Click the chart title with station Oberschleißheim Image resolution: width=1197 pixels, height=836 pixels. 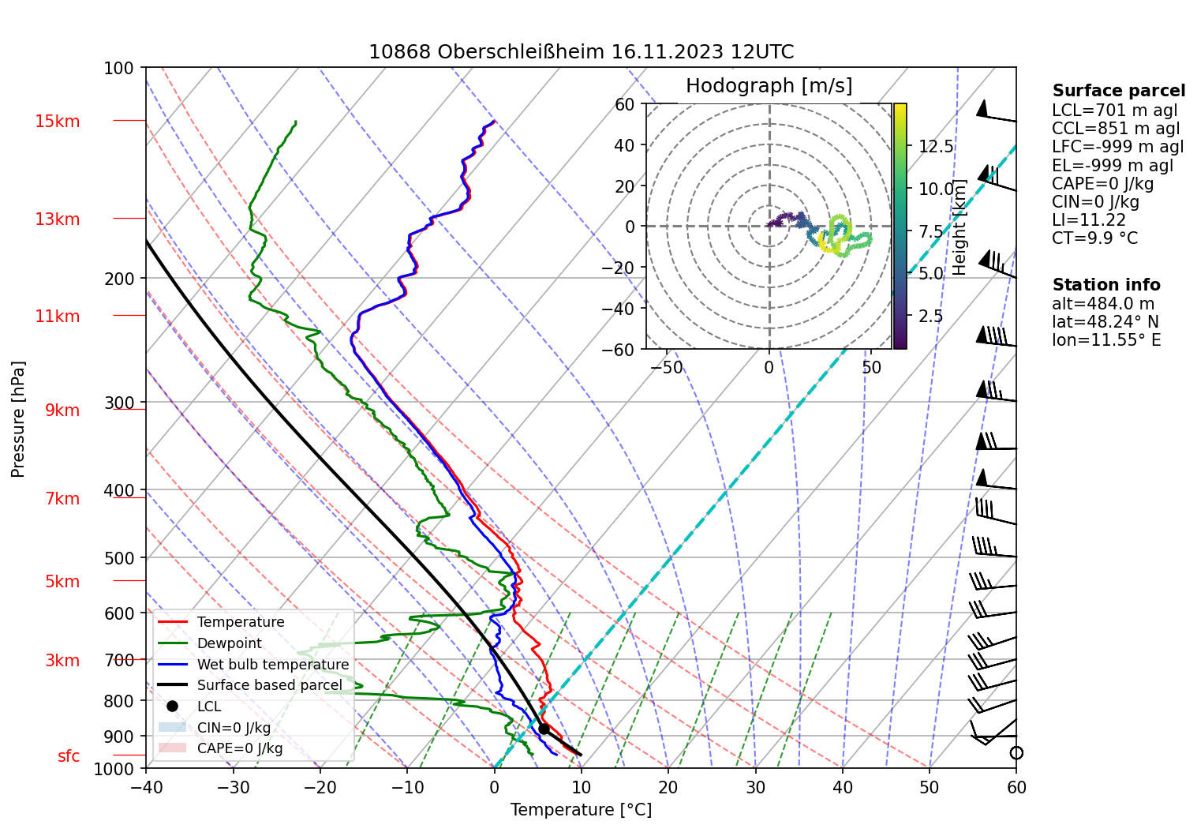tap(581, 52)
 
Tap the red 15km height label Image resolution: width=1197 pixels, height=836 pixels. tap(57, 122)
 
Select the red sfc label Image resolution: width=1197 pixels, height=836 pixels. tap(69, 756)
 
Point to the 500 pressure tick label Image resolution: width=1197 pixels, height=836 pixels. tap(119, 558)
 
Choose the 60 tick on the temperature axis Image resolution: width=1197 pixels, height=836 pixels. tap(1016, 787)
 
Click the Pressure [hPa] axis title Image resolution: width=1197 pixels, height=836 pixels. tap(18, 419)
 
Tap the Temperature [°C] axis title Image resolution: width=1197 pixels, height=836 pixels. tap(581, 810)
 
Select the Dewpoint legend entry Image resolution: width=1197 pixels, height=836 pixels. tap(229, 643)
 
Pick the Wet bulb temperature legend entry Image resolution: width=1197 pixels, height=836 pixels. tap(272, 665)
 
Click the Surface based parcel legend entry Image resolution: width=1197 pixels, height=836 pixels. tap(269, 685)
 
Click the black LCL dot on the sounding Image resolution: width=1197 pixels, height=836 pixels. tap(544, 729)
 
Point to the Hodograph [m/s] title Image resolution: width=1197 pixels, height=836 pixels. tap(769, 86)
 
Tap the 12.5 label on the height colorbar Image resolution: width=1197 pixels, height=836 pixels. tap(936, 147)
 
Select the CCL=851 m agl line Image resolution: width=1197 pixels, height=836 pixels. tap(1115, 129)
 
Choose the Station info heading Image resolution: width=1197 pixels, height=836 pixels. tap(1105, 285)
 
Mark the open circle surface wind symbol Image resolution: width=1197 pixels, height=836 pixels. tap(1016, 753)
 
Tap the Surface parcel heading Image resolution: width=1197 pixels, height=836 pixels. tap(1118, 91)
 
